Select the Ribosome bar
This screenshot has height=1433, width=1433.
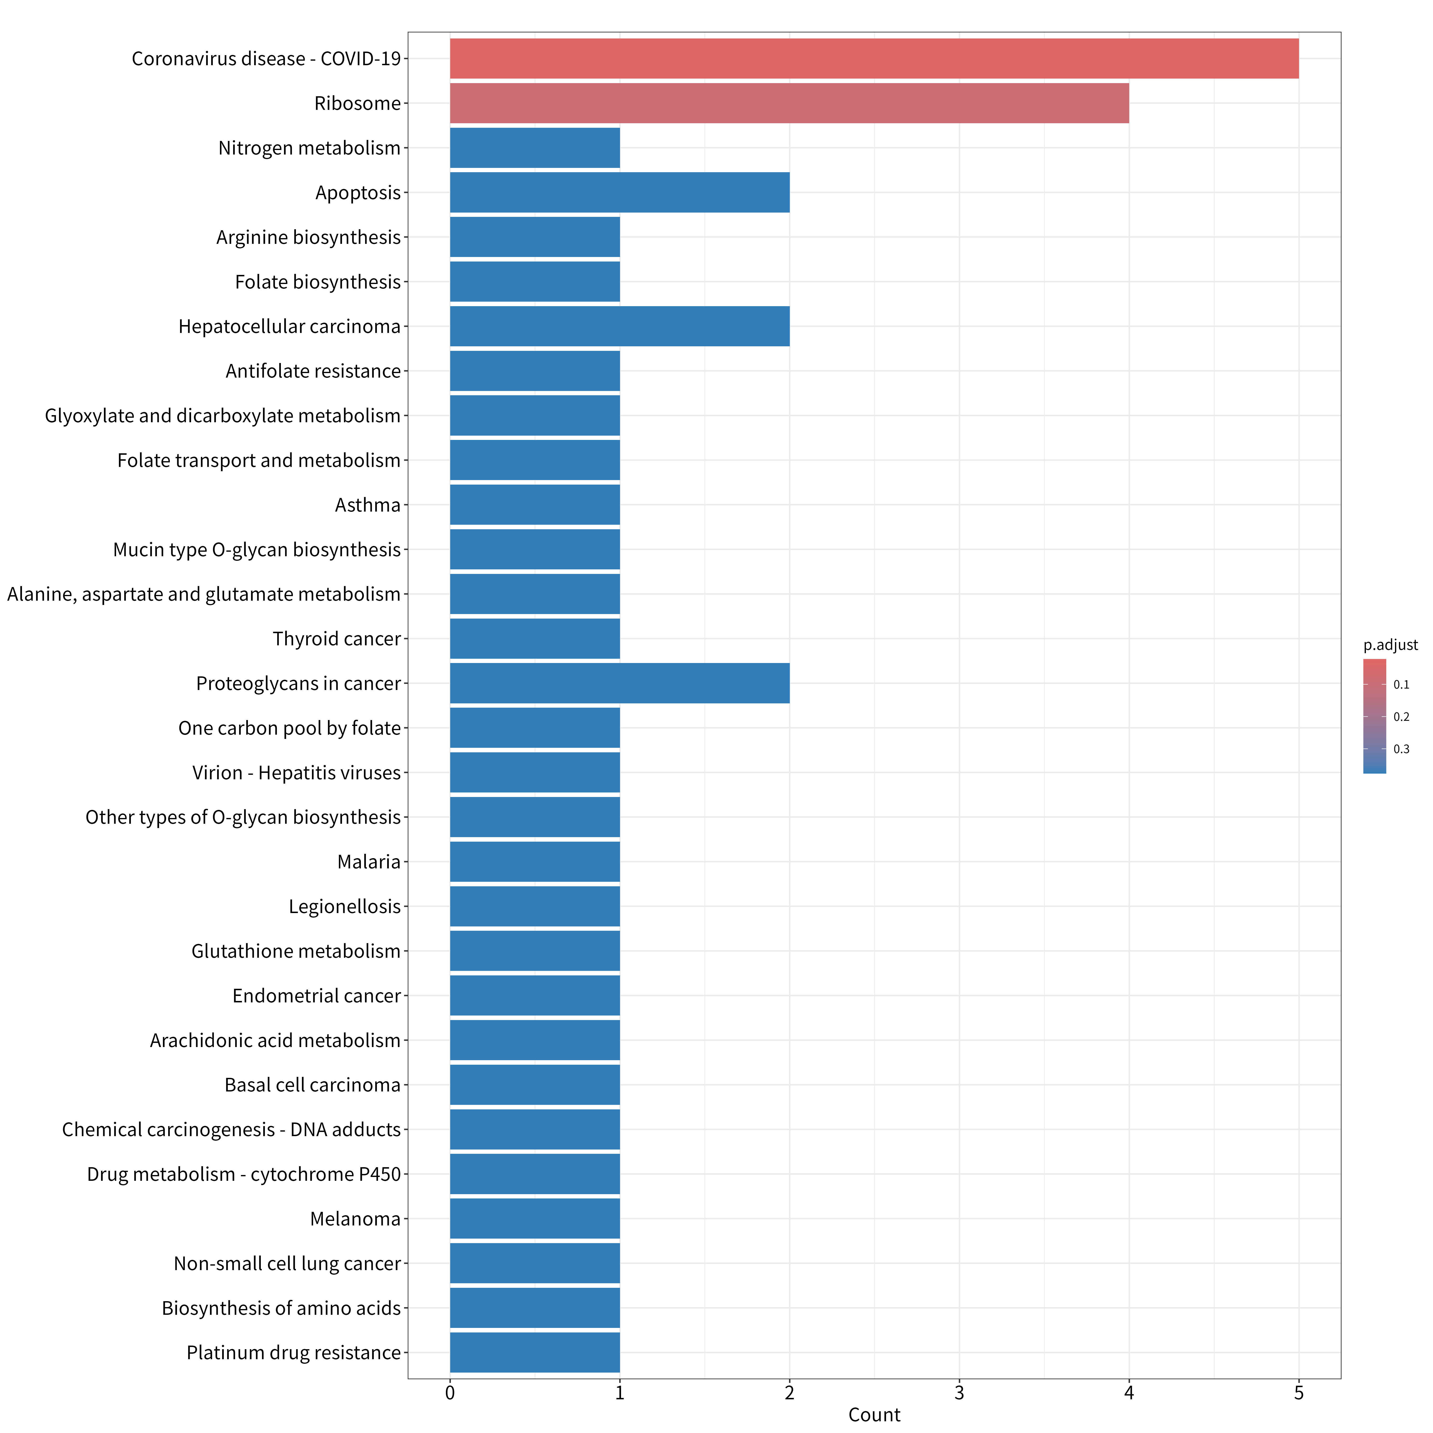pos(789,103)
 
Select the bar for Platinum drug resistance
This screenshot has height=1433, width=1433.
pos(535,1352)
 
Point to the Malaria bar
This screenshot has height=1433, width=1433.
pos(535,862)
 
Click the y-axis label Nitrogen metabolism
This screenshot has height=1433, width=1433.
pos(309,148)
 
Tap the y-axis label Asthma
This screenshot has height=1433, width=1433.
pos(368,505)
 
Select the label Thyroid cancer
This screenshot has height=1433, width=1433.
pos(337,639)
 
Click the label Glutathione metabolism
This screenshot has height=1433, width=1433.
pos(296,951)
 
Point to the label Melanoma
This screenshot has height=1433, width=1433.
pos(355,1219)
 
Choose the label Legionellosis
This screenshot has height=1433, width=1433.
pos(345,906)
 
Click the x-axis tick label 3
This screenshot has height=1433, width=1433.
pos(959,1393)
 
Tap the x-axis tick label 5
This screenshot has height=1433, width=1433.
pos(1299,1393)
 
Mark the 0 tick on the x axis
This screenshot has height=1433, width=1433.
pos(450,1393)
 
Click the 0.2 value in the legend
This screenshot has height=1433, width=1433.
pos(1401,716)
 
